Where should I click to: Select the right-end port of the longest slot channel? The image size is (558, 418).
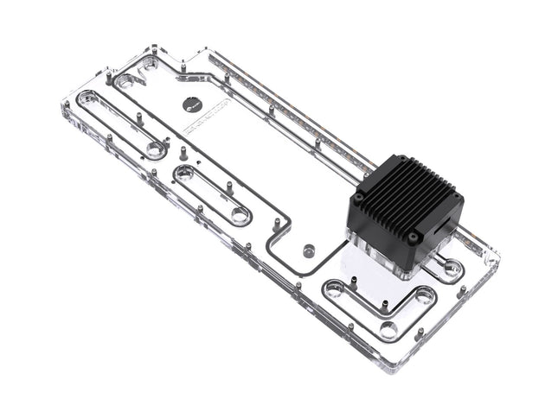pyautogui.click(x=154, y=150)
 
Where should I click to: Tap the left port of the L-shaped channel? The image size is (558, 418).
pyautogui.click(x=334, y=290)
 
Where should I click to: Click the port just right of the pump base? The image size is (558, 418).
pyautogui.click(x=452, y=269)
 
